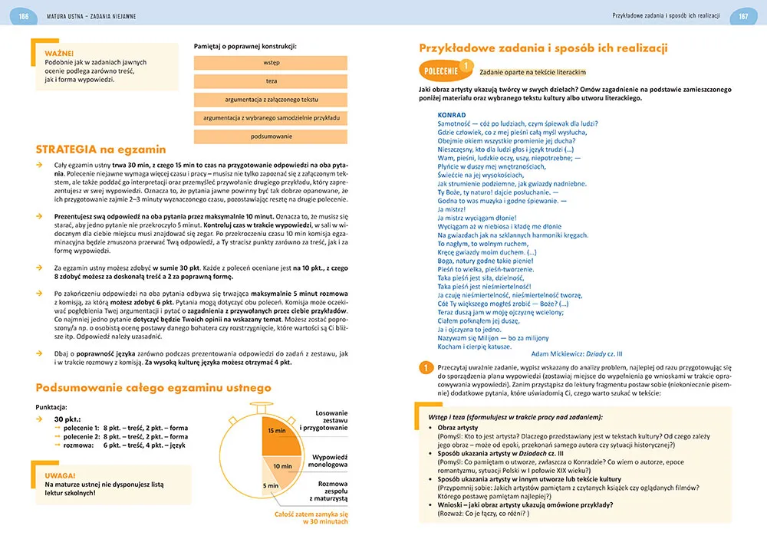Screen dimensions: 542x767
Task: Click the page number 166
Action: pyautogui.click(x=24, y=16)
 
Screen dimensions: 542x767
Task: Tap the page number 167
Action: pyautogui.click(x=743, y=16)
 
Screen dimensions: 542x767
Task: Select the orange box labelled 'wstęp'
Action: pyautogui.click(x=271, y=63)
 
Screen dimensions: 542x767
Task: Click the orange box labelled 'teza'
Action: pyautogui.click(x=271, y=81)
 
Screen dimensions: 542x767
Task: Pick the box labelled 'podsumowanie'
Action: pyautogui.click(x=271, y=136)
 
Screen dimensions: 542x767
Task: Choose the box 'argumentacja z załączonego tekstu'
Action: pyautogui.click(x=271, y=100)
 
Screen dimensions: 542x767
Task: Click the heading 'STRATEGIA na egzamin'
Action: pyautogui.click(x=100, y=149)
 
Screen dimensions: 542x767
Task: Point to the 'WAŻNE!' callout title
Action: pyautogui.click(x=59, y=53)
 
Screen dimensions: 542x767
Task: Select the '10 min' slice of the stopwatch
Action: pyautogui.click(x=281, y=465)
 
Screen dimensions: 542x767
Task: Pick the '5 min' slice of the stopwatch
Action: pyautogui.click(x=272, y=485)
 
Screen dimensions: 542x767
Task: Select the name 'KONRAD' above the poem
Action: pyautogui.click(x=452, y=114)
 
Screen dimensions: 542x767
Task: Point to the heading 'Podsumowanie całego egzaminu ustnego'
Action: pyautogui.click(x=153, y=387)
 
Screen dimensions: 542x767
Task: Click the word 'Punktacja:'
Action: pyautogui.click(x=51, y=407)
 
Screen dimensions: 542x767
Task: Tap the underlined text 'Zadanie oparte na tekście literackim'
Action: pyautogui.click(x=532, y=72)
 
